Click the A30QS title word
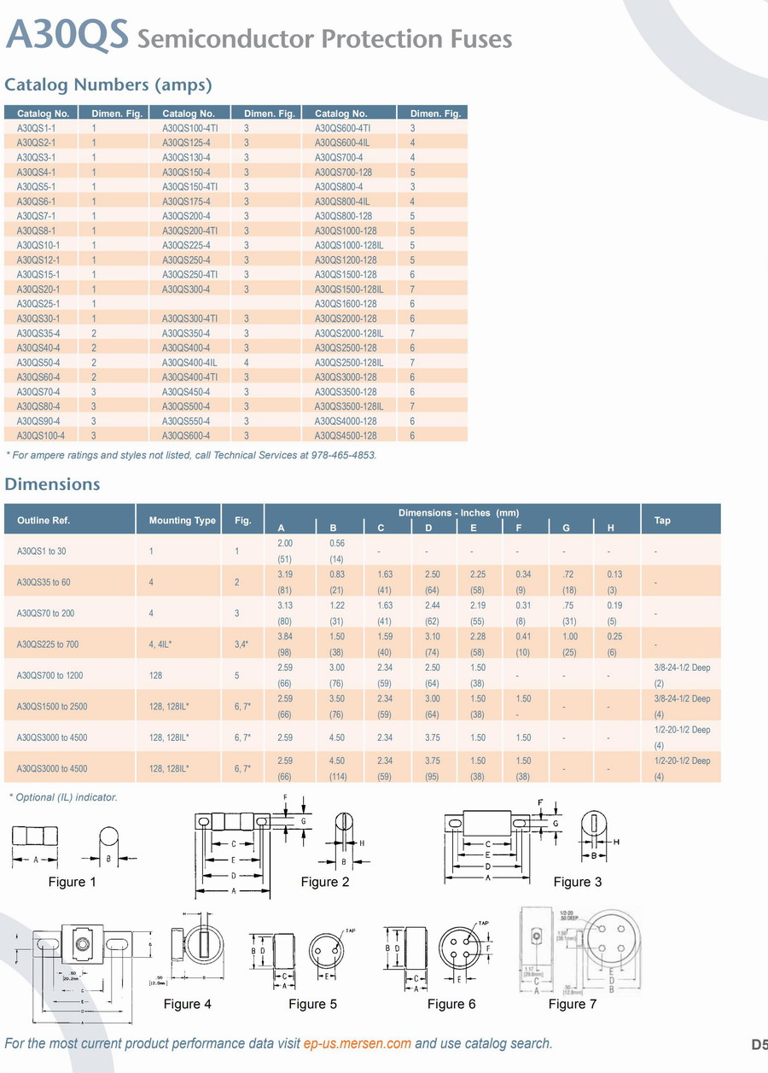67,36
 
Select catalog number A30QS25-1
38,304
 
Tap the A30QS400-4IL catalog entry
190,362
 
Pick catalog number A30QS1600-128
346,304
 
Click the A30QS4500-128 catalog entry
346,435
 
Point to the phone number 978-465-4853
342,455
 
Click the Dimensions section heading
52,484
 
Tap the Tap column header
662,520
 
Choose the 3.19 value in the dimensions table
286,574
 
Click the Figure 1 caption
73,882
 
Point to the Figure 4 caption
188,1004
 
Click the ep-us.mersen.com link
358,1043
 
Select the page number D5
759,1044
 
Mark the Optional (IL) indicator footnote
63,797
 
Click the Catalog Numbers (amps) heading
108,85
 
